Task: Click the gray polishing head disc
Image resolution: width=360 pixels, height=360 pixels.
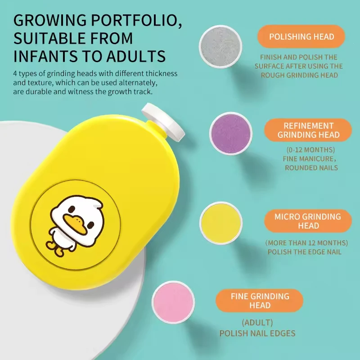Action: (x=220, y=47)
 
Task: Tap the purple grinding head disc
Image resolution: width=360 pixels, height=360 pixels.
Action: (x=231, y=133)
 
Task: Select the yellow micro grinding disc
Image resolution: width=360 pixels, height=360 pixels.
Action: (x=221, y=223)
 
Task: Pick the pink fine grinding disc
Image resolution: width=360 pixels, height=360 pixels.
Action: (x=173, y=302)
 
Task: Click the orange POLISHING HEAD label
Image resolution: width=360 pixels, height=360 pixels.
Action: (x=301, y=36)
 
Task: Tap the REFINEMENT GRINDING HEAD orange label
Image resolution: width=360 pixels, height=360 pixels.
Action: (x=308, y=130)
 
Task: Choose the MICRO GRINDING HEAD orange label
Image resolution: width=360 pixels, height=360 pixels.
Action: (x=308, y=221)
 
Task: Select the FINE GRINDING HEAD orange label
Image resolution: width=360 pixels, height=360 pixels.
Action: (x=260, y=301)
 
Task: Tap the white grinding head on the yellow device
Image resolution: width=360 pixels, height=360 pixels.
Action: (x=163, y=121)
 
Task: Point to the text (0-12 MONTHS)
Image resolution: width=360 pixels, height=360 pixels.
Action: (x=310, y=150)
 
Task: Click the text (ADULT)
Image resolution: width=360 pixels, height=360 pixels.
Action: (x=257, y=323)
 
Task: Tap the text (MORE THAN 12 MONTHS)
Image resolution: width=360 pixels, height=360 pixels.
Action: (x=306, y=243)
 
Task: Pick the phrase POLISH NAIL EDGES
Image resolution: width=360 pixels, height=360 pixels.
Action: (x=257, y=333)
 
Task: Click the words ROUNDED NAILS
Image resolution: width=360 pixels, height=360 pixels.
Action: (x=311, y=167)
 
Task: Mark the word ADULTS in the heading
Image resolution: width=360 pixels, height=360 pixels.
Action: (x=136, y=56)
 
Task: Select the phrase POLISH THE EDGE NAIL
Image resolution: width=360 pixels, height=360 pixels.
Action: (x=305, y=252)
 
